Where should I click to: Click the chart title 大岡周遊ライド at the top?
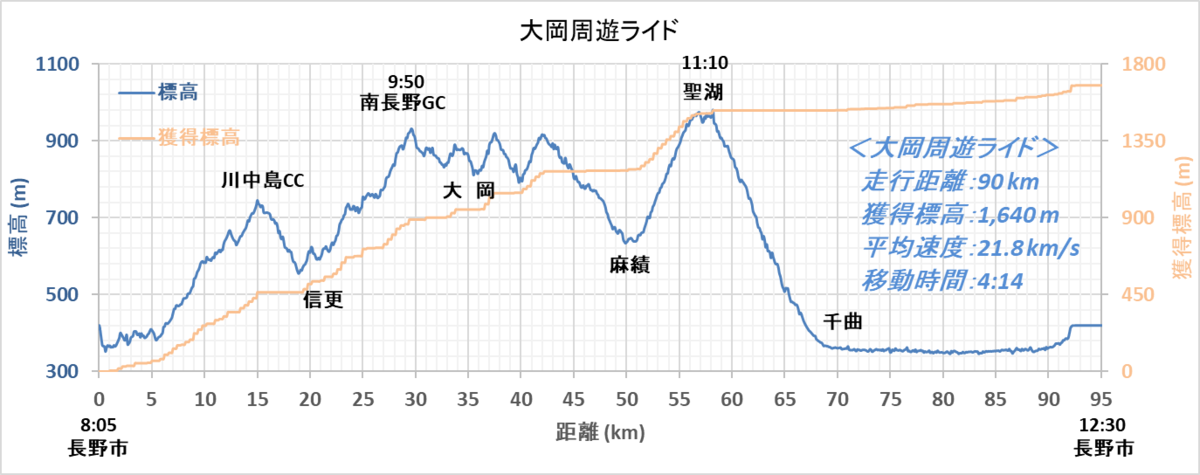tap(599, 31)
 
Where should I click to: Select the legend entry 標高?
tap(159, 93)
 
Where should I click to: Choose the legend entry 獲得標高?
tap(179, 138)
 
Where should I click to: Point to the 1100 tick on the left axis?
tap(57, 64)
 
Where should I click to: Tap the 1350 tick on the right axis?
tap(1143, 141)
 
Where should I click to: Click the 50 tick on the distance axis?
tap(626, 399)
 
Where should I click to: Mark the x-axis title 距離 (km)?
tap(600, 432)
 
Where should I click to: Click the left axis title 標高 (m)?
tap(19, 217)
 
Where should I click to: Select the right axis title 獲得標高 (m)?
tap(1182, 217)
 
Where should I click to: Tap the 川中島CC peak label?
tap(262, 180)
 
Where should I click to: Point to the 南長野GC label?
tap(402, 102)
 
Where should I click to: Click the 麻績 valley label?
tap(629, 265)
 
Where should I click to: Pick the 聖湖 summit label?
tap(703, 92)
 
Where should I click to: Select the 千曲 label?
tap(842, 322)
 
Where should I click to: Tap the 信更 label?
tap(323, 300)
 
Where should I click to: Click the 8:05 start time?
tap(99, 425)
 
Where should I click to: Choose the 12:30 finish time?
tap(1102, 425)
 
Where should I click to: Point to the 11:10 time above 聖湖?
tap(704, 63)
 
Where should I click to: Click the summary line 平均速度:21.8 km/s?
tap(970, 248)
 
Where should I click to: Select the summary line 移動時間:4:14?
tap(942, 281)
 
